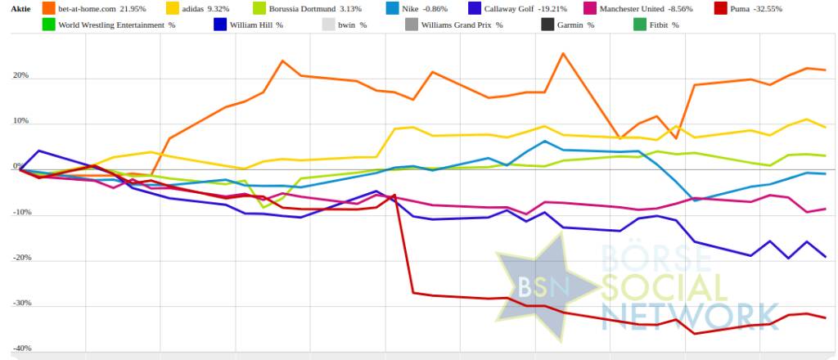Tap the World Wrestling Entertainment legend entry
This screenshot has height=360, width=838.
click(x=115, y=25)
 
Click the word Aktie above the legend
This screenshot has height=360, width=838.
click(x=20, y=8)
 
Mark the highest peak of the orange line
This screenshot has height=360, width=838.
click(x=563, y=54)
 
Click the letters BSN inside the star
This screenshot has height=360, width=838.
click(x=536, y=286)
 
